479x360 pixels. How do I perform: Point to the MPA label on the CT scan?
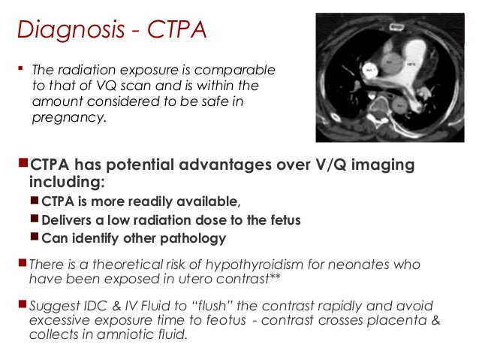point(411,64)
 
